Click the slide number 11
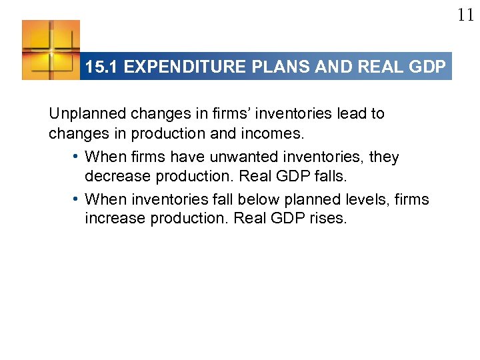point(465,15)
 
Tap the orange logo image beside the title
point(51,50)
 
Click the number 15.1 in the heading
point(102,67)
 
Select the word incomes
point(275,133)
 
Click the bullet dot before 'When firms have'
point(77,157)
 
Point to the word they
point(384,157)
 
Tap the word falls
point(331,177)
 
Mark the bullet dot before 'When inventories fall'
point(77,199)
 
